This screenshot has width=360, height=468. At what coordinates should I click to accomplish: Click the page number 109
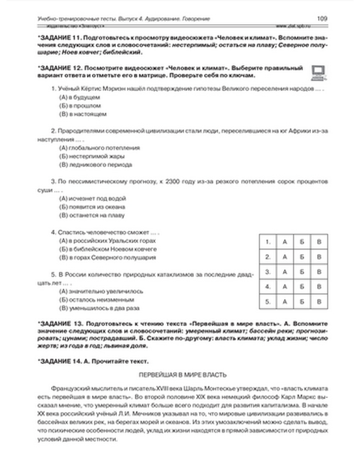pos(322,18)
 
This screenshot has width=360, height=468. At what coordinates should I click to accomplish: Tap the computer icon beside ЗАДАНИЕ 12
pos(318,72)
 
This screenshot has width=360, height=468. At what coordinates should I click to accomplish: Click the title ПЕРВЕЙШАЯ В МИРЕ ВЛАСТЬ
pos(183,375)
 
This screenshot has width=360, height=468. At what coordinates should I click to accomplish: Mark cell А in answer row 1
pos(285,242)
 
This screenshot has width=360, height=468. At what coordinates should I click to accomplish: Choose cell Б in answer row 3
pos(302,272)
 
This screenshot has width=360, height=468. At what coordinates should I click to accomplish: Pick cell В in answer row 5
pos(319,302)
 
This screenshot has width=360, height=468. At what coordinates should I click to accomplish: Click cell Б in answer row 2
pos(302,257)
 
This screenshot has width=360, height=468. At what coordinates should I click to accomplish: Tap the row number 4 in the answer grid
pos(268,287)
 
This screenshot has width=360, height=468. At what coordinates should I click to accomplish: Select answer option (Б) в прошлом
pos(80,106)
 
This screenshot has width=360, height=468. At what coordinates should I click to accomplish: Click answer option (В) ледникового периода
pos(95,165)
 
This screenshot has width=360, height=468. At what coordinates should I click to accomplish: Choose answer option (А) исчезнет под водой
pos(92,198)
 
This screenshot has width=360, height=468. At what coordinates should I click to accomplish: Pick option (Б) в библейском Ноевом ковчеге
pos(108,249)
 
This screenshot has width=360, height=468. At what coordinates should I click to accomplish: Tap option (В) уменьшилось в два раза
pos(99,308)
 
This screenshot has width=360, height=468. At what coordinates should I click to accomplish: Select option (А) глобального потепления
pos(99,148)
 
